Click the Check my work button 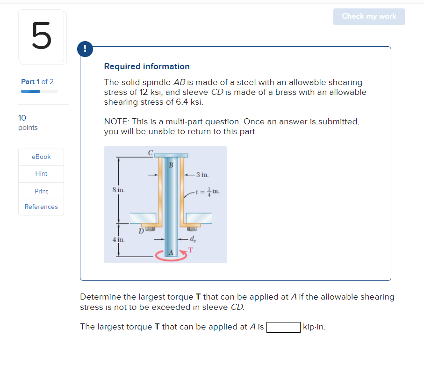[x=369, y=16]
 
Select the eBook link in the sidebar [x=41, y=157]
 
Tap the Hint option [x=41, y=174]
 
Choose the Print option [x=41, y=191]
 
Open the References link [x=41, y=207]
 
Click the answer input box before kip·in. [x=283, y=327]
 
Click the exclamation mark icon [x=86, y=48]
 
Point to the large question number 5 [x=41, y=36]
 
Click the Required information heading [x=147, y=66]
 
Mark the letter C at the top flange [x=150, y=152]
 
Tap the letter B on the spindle [x=171, y=165]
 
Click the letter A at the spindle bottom [x=171, y=253]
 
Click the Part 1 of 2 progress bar [x=40, y=91]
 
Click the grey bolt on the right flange [x=191, y=229]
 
